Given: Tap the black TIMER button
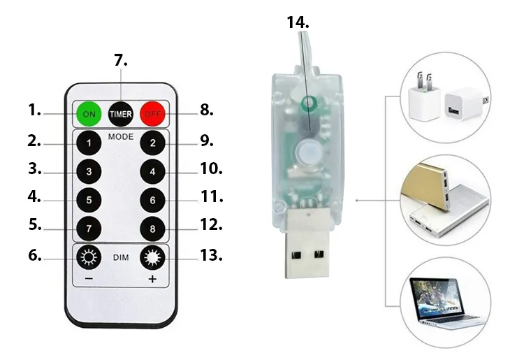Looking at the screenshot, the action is (121, 114).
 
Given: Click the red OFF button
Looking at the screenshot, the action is (153, 114).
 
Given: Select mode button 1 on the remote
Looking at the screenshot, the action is (89, 143).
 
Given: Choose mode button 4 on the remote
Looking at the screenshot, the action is (152, 171).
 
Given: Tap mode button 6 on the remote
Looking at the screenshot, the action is (152, 201).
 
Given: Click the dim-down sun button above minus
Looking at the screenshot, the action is (89, 257).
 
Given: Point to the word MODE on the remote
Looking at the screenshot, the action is (121, 136).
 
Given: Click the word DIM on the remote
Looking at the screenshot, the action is (121, 258).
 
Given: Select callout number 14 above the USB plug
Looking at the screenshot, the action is (298, 22).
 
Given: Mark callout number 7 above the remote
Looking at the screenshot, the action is (121, 60).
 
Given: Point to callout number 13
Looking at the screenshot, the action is (211, 255).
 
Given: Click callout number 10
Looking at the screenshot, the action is (212, 168).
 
